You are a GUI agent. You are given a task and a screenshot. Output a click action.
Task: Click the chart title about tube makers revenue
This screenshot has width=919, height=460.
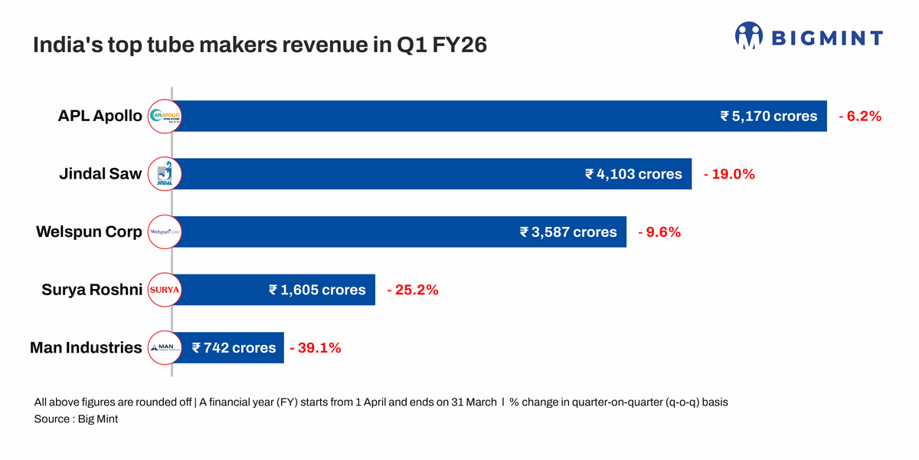coord(260,46)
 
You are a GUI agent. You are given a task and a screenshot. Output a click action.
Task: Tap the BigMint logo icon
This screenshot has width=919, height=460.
coord(748,36)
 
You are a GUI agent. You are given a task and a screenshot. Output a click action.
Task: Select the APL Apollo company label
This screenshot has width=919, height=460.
coord(100,117)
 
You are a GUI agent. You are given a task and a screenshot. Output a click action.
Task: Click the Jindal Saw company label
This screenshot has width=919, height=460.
coord(100,174)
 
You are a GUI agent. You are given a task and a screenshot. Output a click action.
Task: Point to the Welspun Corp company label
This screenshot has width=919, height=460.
coord(89,232)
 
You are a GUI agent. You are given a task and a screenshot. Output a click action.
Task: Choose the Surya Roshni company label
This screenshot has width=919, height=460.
coord(92,290)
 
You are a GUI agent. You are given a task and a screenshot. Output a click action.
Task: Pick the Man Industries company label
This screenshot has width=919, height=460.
coord(86,348)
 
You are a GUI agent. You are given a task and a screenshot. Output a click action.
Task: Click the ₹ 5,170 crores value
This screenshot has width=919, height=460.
coord(768,117)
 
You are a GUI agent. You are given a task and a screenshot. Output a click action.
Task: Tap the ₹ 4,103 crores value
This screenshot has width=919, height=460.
coord(633,174)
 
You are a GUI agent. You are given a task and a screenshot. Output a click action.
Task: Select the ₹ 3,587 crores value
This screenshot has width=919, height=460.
coord(568,232)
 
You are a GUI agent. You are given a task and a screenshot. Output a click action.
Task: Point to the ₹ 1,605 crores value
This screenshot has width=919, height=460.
coord(317,290)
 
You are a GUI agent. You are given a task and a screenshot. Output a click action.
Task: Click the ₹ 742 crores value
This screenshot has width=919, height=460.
coord(234,348)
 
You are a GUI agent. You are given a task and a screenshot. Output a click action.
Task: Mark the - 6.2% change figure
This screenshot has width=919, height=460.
coord(860,117)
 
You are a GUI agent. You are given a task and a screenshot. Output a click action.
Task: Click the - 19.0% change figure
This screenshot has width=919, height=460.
coord(729,174)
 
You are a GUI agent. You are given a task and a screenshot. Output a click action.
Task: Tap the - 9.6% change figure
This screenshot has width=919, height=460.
coord(659,232)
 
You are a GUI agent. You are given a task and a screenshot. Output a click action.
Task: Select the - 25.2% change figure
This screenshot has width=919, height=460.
coord(412,290)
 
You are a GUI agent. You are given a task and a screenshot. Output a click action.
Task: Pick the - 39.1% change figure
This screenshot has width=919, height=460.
coord(316,348)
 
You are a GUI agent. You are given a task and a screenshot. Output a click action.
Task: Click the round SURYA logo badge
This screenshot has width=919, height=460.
coord(164,290)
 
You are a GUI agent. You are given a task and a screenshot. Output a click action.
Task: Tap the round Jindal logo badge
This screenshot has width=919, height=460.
coord(164,174)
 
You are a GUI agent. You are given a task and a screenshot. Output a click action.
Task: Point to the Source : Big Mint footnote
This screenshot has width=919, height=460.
coord(76,419)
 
